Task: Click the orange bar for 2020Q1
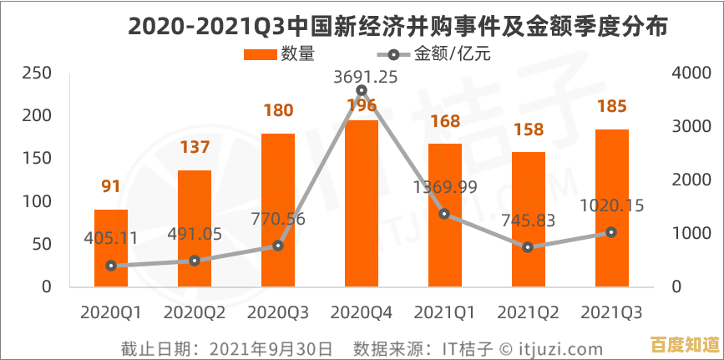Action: point(111,248)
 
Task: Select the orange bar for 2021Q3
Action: point(611,208)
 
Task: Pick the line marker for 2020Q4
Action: point(362,90)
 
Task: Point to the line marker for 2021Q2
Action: point(528,247)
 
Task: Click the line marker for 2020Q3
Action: point(278,246)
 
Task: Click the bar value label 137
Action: point(195,148)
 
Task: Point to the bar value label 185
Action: point(612,107)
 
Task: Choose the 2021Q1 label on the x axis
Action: point(445,312)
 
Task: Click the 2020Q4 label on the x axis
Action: point(362,312)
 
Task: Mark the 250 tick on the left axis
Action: point(38,74)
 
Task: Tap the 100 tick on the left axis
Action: point(38,201)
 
